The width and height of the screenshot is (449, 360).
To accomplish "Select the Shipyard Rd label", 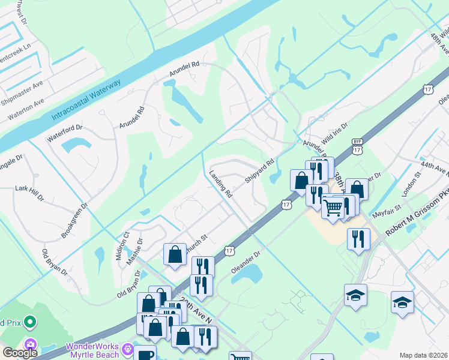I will coord(259,171).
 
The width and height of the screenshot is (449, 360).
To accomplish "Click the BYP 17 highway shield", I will coord(358,148).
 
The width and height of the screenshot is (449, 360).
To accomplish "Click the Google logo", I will coord(20,353).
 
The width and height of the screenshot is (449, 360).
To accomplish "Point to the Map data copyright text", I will coord(423,355).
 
